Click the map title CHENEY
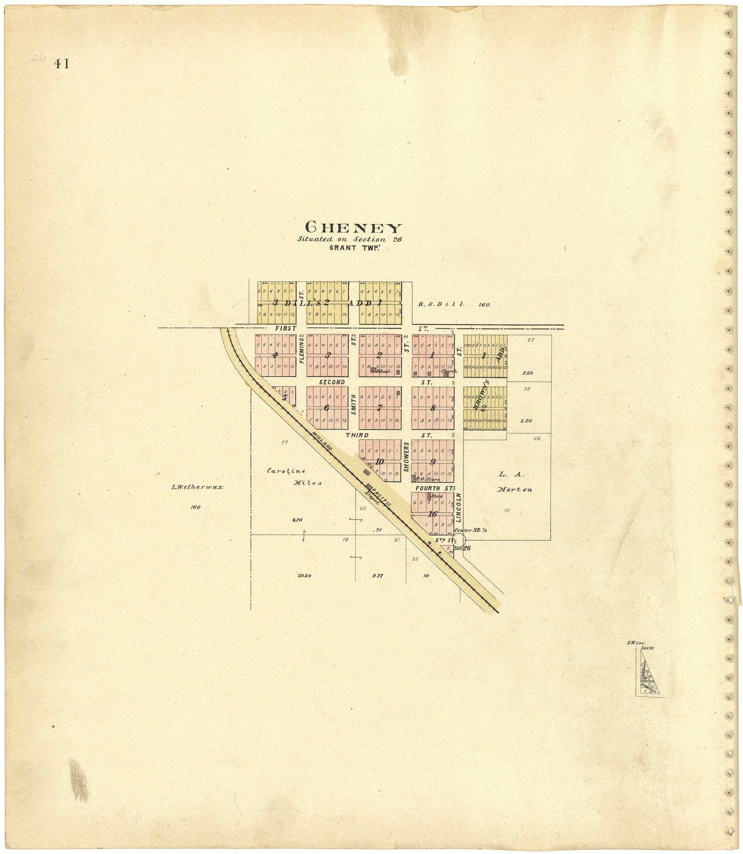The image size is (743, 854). tap(354, 228)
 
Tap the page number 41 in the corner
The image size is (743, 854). tap(61, 64)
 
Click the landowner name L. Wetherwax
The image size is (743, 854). tap(197, 487)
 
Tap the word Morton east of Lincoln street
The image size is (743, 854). tap(515, 490)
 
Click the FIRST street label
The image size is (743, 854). tap(285, 328)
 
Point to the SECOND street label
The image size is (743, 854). tap(332, 382)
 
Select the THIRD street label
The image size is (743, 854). tap(357, 435)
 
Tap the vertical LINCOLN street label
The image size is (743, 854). tap(459, 507)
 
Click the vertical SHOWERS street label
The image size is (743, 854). tap(406, 456)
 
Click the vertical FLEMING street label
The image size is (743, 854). tap(301, 350)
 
